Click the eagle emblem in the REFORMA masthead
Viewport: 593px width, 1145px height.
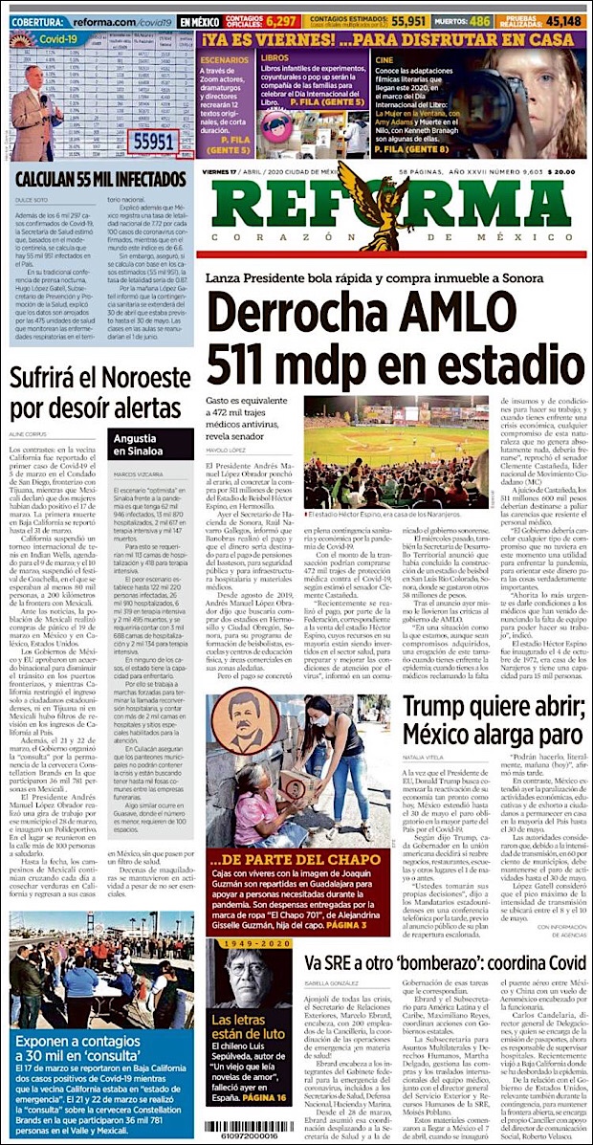[x=393, y=213]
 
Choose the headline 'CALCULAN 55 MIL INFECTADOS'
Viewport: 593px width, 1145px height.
[x=99, y=180]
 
